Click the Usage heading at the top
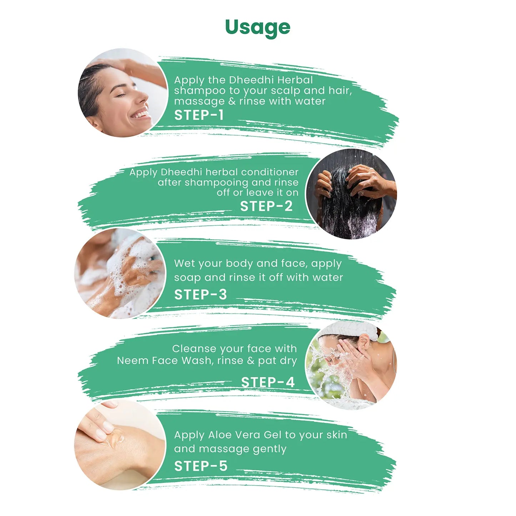click(x=257, y=27)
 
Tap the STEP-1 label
click(x=199, y=115)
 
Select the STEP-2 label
click(x=266, y=206)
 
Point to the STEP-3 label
click(x=200, y=295)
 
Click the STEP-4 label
click(x=267, y=382)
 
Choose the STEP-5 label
click(x=201, y=466)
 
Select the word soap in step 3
click(x=187, y=277)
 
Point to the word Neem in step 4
click(x=132, y=361)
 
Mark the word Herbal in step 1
click(x=295, y=80)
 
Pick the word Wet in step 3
click(x=184, y=264)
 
